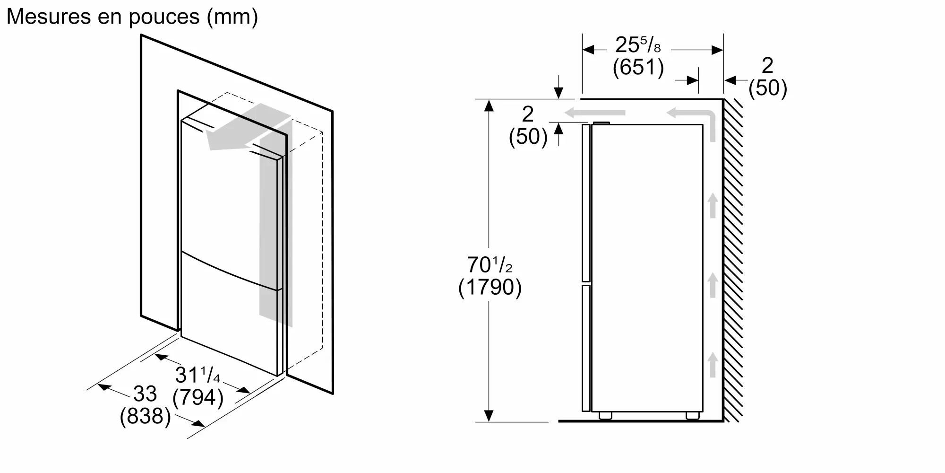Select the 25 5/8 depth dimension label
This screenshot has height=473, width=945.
[x=638, y=45]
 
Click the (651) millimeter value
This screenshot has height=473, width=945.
[x=638, y=67]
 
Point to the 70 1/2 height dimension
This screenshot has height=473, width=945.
[x=490, y=265]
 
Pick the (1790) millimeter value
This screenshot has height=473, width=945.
[x=490, y=288]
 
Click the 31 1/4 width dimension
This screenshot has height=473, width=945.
[x=198, y=375]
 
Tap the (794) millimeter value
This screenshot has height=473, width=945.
[x=198, y=397]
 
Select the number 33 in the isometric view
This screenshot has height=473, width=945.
[x=145, y=394]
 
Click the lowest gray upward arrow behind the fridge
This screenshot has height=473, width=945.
[x=713, y=364]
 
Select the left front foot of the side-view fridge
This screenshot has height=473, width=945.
[x=605, y=416]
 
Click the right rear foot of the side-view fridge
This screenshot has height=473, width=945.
[x=693, y=416]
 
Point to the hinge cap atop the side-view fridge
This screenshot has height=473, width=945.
[x=601, y=123]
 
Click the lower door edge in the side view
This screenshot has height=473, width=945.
[x=586, y=348]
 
